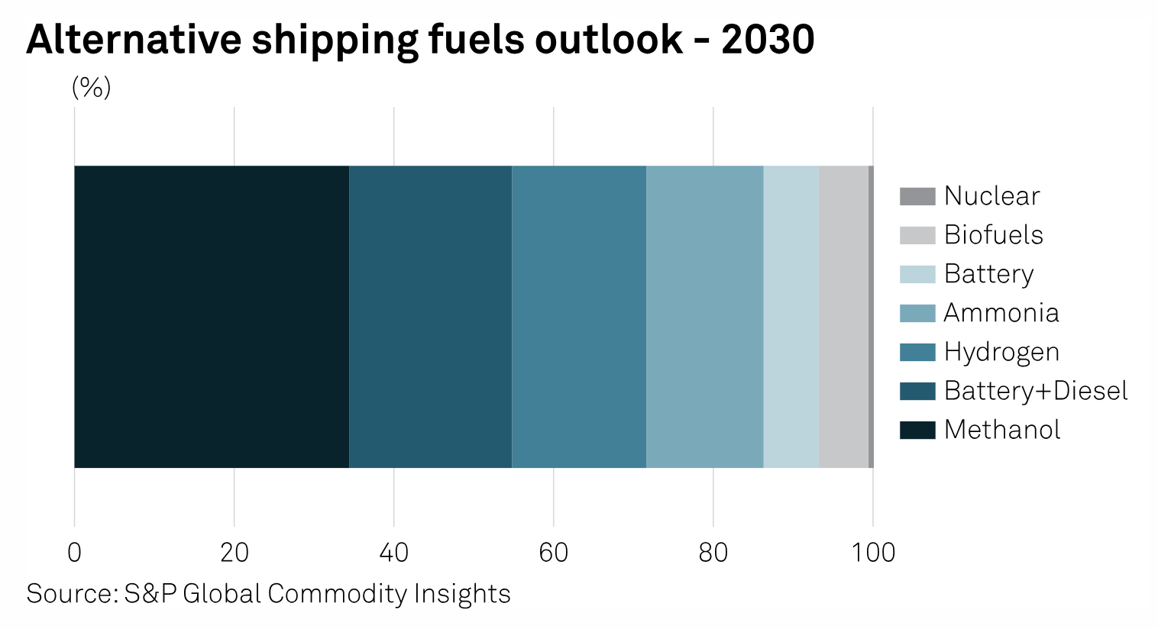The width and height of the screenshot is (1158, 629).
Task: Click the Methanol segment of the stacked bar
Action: pos(212,316)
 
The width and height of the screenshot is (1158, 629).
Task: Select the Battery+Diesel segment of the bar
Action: pos(430,316)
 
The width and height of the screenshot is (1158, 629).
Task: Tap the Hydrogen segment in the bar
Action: pos(579,316)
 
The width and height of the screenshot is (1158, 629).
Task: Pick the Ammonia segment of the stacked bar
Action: pos(704,316)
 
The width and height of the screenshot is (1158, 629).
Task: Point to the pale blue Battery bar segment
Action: pos(791,316)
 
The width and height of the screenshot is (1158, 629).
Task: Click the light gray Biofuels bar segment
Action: pos(843,316)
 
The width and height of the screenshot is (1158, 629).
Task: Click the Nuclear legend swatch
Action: pos(917,196)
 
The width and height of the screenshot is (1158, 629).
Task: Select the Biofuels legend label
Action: pos(993,235)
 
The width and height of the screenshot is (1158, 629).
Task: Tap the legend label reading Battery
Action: pos(988,274)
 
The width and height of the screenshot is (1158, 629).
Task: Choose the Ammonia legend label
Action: pos(1001,313)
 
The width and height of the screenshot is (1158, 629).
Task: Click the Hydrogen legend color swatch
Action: pos(917,352)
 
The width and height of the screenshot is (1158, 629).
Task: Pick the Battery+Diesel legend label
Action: pos(1035,391)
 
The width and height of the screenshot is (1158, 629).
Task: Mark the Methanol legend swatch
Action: pos(917,430)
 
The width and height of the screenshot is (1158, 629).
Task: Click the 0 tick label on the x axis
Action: pos(74,552)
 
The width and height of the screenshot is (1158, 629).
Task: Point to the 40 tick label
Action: pos(393,552)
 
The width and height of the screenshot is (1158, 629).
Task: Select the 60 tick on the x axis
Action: pos(553,552)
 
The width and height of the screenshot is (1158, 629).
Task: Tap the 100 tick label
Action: pos(873,552)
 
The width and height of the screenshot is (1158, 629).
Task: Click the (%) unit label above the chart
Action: pos(91,88)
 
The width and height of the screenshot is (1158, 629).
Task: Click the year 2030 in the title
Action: pos(768,40)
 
